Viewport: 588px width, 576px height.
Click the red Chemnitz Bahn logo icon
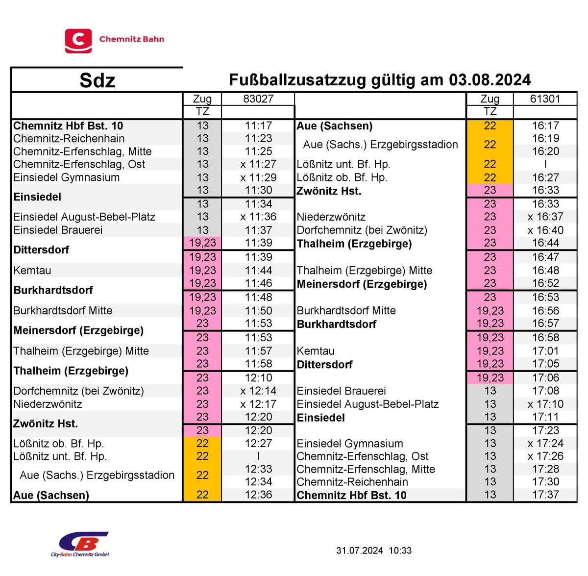78,41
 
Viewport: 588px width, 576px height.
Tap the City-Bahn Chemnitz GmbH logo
81,544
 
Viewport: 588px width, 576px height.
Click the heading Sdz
97,80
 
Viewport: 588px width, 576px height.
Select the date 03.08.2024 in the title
490,80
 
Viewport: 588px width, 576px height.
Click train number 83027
258,99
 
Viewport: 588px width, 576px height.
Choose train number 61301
545,99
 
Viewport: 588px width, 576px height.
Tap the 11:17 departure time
258,125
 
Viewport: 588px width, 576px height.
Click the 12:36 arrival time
258,495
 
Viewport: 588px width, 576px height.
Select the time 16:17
545,125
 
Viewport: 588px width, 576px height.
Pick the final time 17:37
545,495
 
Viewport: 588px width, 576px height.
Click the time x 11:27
258,164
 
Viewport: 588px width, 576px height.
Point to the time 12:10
258,378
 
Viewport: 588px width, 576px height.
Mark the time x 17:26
545,456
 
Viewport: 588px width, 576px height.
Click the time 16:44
545,243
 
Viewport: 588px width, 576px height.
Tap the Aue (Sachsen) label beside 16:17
335,126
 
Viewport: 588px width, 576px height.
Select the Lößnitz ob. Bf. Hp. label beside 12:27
59,444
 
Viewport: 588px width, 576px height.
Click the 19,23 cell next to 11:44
202,270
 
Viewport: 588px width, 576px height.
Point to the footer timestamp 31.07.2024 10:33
374,551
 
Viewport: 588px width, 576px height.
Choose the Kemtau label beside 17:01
316,351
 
